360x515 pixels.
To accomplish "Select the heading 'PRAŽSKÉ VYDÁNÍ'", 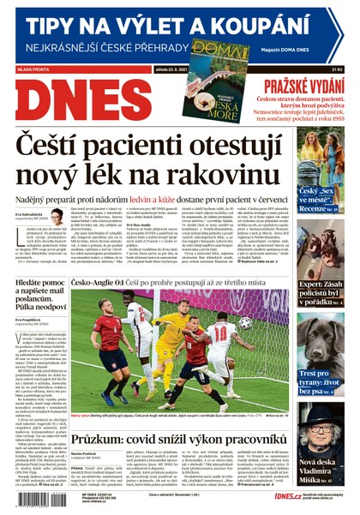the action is coord(301,87).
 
